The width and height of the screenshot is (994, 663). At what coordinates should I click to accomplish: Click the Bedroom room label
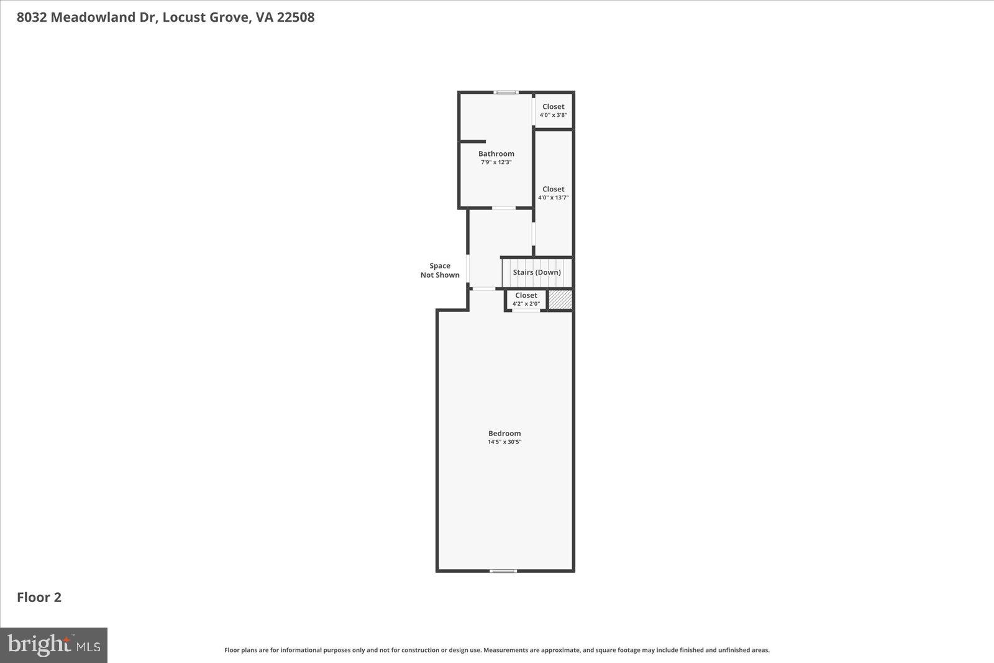click(504, 433)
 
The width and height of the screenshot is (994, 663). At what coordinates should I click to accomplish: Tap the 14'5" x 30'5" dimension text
click(504, 442)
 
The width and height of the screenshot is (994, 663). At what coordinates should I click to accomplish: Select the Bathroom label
click(496, 153)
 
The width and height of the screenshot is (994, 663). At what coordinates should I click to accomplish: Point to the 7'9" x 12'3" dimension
click(496, 162)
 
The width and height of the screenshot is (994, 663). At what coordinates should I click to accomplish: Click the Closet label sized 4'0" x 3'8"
click(553, 106)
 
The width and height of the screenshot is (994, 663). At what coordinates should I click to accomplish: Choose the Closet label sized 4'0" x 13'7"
click(553, 189)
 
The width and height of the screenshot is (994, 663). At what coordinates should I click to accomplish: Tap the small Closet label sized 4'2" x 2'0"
click(526, 295)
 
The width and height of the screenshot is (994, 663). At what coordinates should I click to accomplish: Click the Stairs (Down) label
click(536, 272)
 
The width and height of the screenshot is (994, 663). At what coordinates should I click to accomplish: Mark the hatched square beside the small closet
click(560, 299)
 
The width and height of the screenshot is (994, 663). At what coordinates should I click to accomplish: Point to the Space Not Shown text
click(440, 270)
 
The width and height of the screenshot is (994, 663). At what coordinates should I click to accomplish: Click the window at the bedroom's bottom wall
click(503, 570)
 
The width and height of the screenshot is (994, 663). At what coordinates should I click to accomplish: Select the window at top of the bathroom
click(506, 93)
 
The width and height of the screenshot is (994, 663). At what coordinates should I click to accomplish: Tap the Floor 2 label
click(39, 597)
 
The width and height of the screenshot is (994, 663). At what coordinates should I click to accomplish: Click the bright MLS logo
click(54, 645)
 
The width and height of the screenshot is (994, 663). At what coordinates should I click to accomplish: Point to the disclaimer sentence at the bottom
click(496, 650)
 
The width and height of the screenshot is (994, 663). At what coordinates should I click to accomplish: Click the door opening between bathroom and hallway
click(503, 208)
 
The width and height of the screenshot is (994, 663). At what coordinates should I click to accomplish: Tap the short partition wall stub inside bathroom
click(473, 142)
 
